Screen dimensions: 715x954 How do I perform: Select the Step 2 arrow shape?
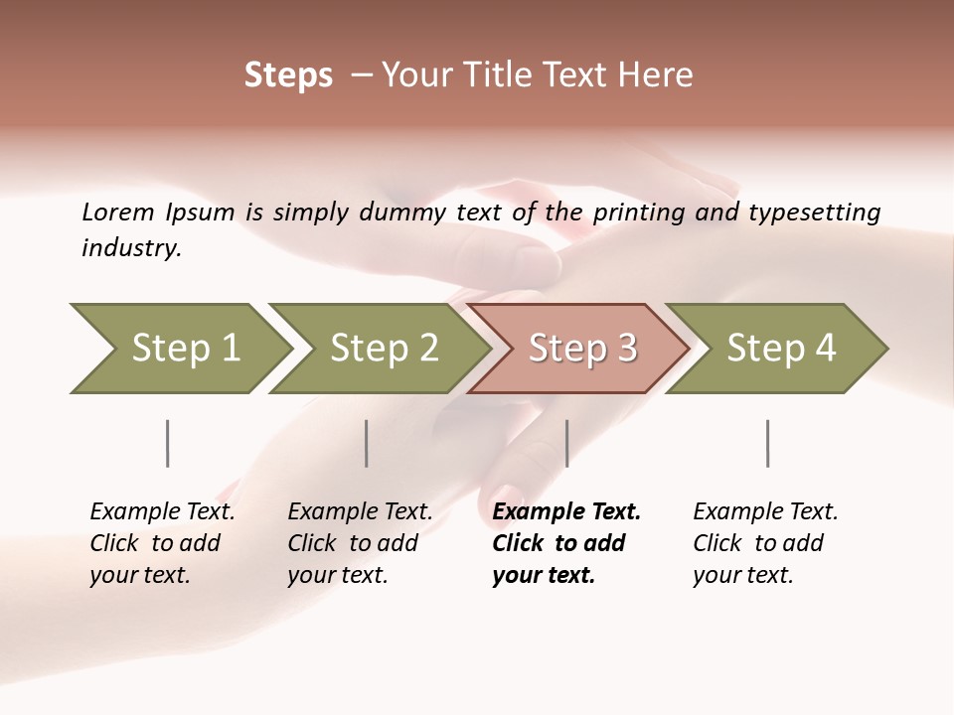(x=383, y=349)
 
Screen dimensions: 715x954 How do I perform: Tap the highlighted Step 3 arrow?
(x=581, y=349)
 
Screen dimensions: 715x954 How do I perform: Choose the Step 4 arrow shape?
(x=780, y=349)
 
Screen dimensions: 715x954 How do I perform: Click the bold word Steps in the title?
(x=288, y=75)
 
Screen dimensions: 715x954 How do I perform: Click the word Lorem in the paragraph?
(x=118, y=212)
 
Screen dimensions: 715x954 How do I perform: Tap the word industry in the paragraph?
(x=130, y=248)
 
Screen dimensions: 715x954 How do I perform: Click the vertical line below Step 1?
(x=168, y=443)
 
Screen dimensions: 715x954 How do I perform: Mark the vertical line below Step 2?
(x=367, y=443)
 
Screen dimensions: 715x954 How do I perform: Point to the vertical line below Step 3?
(x=566, y=443)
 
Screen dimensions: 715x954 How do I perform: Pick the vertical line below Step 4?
(x=767, y=443)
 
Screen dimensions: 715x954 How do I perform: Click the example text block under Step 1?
(x=162, y=543)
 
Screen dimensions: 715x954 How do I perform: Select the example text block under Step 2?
(x=360, y=543)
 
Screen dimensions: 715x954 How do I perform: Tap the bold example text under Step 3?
(x=565, y=543)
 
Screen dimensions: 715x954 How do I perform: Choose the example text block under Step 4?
(x=765, y=543)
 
